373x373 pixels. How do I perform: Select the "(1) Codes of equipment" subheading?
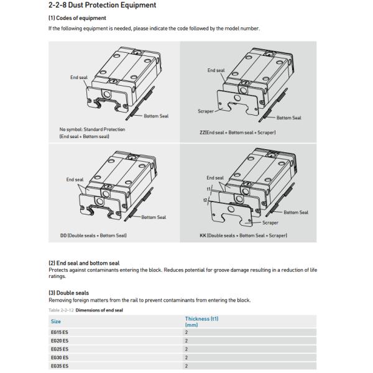point(73,18)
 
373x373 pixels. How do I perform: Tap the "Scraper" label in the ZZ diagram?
point(205,111)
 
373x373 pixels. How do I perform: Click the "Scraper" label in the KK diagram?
point(270,222)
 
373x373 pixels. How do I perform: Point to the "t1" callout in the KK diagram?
point(209,187)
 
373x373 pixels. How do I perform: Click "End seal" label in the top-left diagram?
point(79,78)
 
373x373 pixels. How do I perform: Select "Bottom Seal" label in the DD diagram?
point(154,217)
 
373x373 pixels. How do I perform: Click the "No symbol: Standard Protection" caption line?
point(88,129)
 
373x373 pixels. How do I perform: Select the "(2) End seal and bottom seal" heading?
point(84,263)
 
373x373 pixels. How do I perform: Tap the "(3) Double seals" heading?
point(68,293)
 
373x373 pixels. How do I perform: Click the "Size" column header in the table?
point(56,321)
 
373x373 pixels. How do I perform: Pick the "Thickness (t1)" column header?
point(201,318)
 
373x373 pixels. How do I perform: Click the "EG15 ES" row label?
point(60,333)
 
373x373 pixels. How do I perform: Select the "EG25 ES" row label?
point(60,349)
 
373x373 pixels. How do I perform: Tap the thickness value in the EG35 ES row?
point(186,366)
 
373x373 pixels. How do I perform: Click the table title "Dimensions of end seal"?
point(100,308)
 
